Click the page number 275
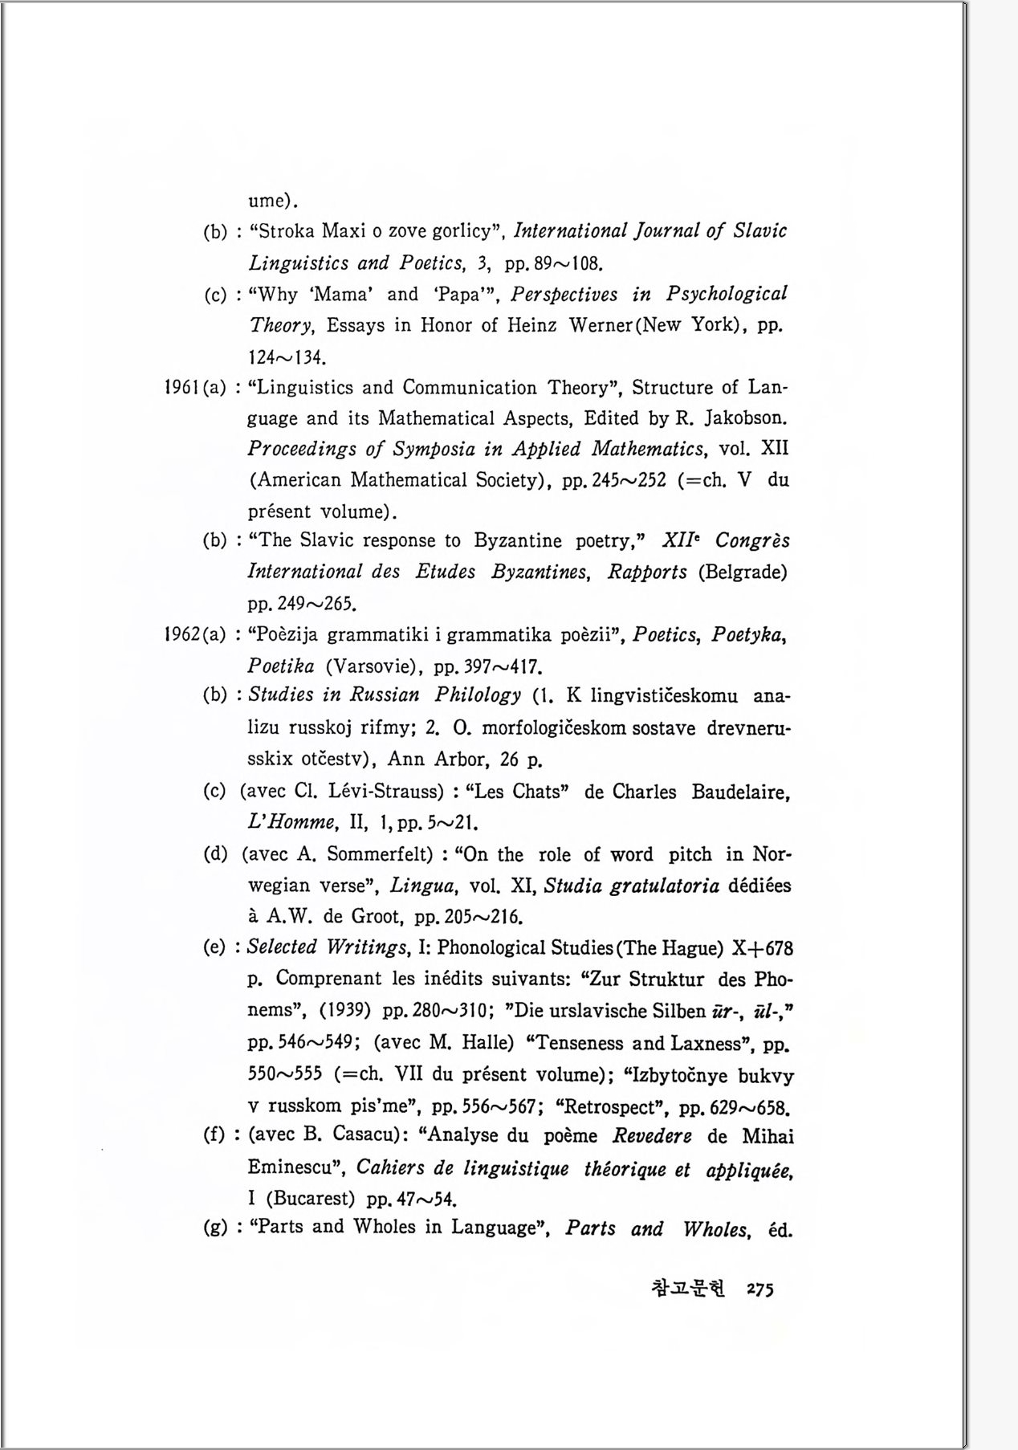point(759,1290)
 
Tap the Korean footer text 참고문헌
point(688,1289)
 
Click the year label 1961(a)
point(194,388)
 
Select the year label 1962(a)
point(194,635)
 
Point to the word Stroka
point(286,231)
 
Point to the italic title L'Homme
point(291,822)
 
